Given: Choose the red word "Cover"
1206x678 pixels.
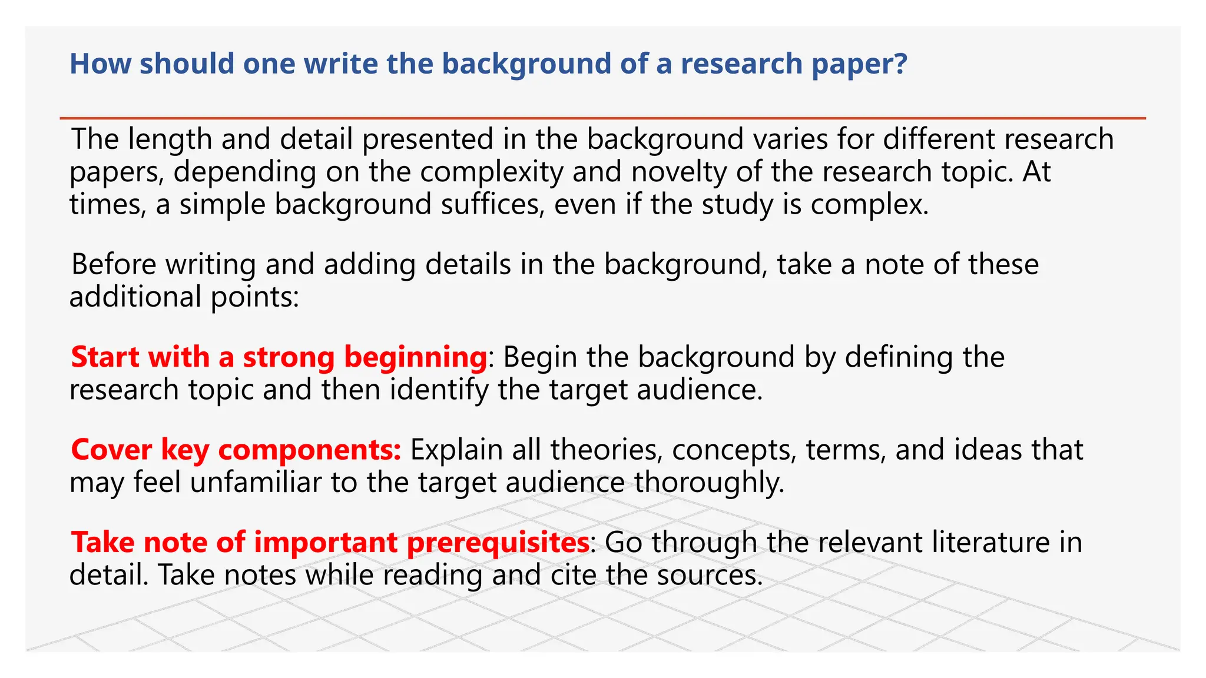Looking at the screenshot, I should point(111,450).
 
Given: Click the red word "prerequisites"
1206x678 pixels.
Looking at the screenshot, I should point(498,543).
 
